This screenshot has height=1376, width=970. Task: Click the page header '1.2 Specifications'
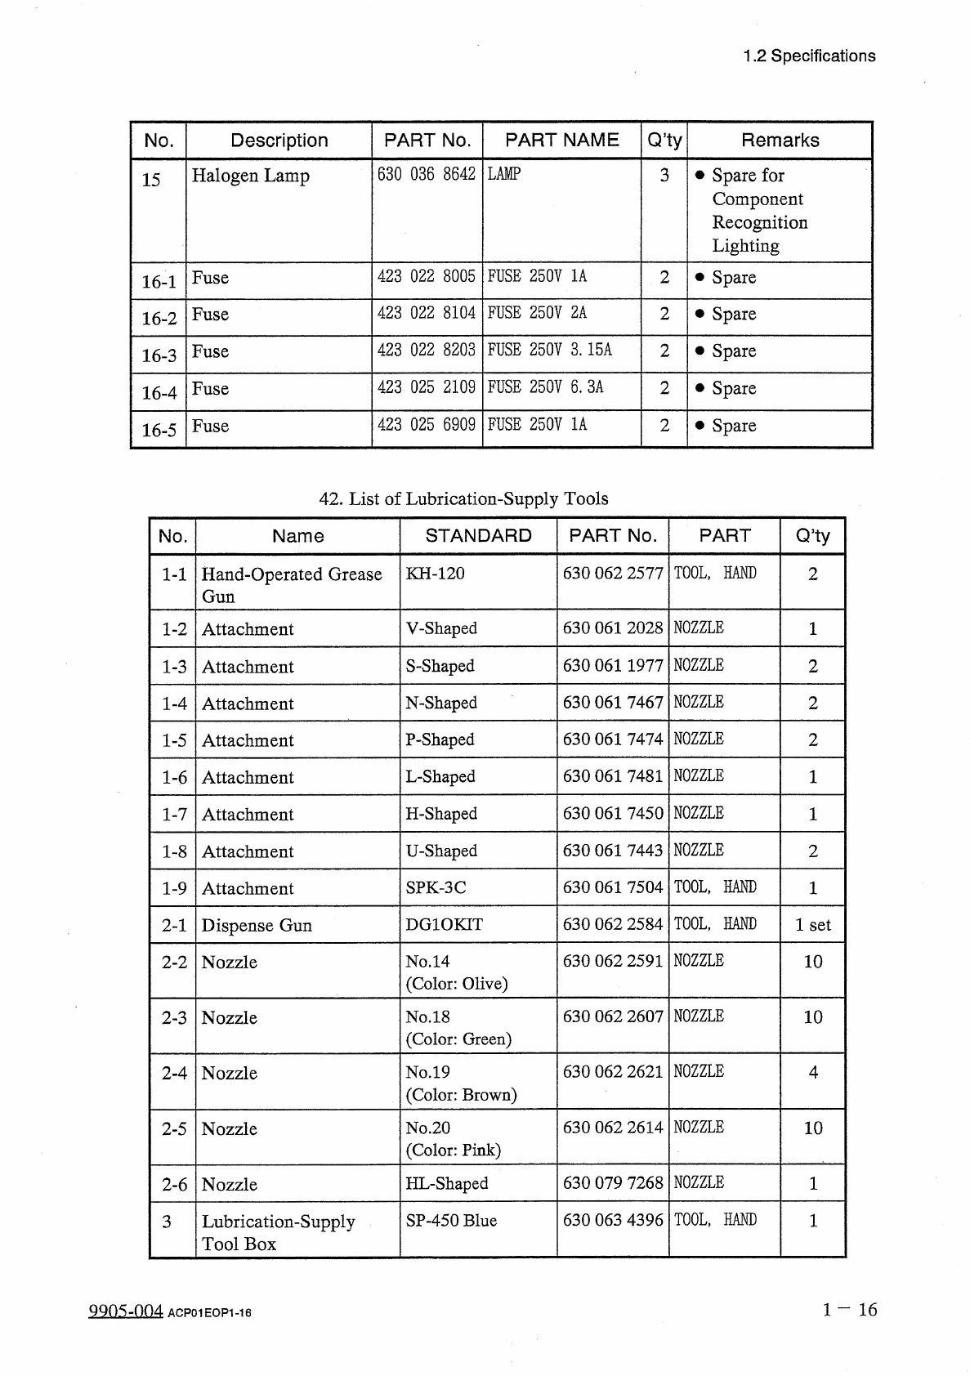pyautogui.click(x=808, y=56)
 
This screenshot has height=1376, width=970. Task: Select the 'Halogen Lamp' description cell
pyautogui.click(x=250, y=176)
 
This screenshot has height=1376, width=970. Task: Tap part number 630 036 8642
pyautogui.click(x=426, y=174)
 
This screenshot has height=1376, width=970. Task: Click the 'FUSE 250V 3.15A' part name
pyautogui.click(x=549, y=350)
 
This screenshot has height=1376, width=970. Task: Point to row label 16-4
pyautogui.click(x=159, y=393)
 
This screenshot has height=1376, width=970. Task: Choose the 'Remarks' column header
pyautogui.click(x=780, y=141)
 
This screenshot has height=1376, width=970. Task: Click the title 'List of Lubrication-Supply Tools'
pyautogui.click(x=463, y=498)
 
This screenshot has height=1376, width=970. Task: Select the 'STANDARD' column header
pyautogui.click(x=478, y=536)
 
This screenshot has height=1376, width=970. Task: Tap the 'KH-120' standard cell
pyautogui.click(x=435, y=574)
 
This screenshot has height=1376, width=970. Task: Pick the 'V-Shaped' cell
pyautogui.click(x=441, y=628)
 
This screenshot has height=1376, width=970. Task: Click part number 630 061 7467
pyautogui.click(x=612, y=703)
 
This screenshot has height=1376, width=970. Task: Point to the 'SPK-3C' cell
pyautogui.click(x=436, y=887)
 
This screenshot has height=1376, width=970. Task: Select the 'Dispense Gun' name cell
pyautogui.click(x=257, y=925)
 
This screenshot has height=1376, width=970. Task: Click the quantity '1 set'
pyautogui.click(x=812, y=925)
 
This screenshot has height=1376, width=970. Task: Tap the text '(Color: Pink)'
pyautogui.click(x=454, y=1150)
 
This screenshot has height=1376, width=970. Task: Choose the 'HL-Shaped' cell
pyautogui.click(x=446, y=1183)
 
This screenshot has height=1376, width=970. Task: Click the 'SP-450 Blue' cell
pyautogui.click(x=451, y=1221)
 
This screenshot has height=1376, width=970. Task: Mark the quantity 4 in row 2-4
pyautogui.click(x=812, y=1072)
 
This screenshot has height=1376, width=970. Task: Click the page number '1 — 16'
pyautogui.click(x=849, y=1310)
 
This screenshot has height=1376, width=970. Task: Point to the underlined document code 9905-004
pyautogui.click(x=126, y=1311)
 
